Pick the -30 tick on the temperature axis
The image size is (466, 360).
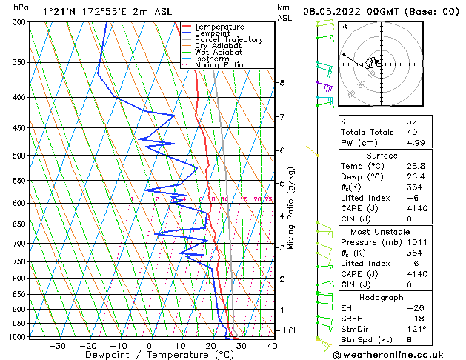pos(58,346)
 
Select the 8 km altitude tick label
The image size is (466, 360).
pos(282,83)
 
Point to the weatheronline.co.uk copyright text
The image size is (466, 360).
pos(398,354)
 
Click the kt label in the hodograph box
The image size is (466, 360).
pos(344,27)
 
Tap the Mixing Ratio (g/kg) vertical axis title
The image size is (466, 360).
pos(291,207)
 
